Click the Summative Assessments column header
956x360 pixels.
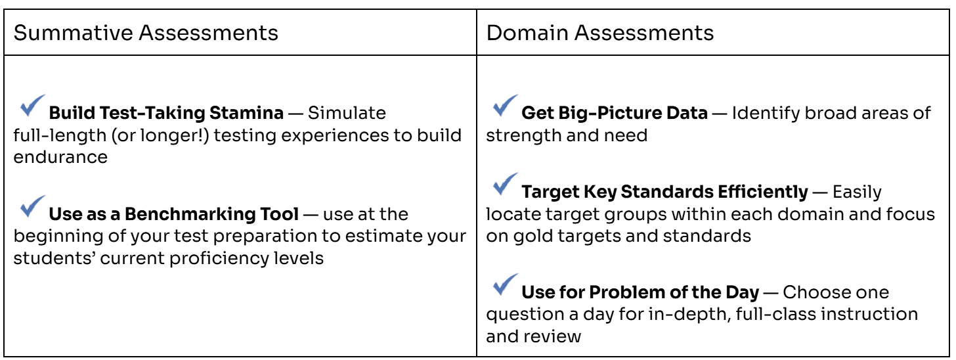pyautogui.click(x=146, y=34)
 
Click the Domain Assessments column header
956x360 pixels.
pyautogui.click(x=599, y=34)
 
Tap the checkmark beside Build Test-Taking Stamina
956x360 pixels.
pyautogui.click(x=32, y=106)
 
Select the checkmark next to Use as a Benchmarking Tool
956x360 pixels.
pyautogui.click(x=32, y=206)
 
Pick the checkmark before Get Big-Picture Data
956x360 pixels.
pyautogui.click(x=506, y=106)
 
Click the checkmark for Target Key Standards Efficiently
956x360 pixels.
pyautogui.click(x=506, y=184)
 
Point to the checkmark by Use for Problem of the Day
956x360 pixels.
pyautogui.click(x=506, y=284)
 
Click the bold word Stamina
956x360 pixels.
pyautogui.click(x=246, y=113)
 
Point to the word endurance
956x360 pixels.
pyautogui.click(x=60, y=157)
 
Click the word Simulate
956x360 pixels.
pyautogui.click(x=347, y=113)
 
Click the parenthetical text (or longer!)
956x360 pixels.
pyautogui.click(x=160, y=136)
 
